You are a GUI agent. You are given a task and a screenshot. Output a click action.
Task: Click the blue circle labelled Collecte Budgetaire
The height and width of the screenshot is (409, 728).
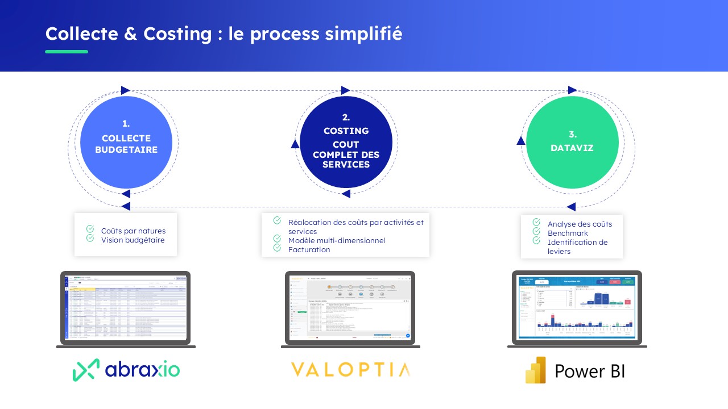(126, 143)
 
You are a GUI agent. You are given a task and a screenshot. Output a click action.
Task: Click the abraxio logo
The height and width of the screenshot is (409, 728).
(126, 370)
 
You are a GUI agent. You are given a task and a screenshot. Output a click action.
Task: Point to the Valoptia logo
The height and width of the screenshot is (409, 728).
(350, 370)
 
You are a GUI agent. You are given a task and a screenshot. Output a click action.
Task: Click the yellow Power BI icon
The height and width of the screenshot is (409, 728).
(536, 370)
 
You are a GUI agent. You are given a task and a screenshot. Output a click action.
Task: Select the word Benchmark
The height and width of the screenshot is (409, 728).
(568, 233)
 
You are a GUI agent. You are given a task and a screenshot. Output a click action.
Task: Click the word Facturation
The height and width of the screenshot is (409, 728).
(309, 250)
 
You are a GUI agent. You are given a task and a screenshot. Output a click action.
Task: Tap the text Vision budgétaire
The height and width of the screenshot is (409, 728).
(133, 240)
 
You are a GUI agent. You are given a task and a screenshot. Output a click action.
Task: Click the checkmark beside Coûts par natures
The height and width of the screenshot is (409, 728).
(90, 229)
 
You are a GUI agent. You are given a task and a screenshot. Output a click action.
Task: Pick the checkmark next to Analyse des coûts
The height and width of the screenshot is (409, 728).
(536, 223)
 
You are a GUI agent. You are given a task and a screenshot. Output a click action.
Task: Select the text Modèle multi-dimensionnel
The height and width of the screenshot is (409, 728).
(336, 241)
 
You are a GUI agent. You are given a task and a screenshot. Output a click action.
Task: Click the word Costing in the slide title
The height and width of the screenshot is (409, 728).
(177, 34)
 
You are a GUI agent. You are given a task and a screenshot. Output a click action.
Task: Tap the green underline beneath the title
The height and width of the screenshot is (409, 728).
(67, 52)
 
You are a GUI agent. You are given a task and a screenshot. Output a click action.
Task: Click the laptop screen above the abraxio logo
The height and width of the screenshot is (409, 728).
(126, 307)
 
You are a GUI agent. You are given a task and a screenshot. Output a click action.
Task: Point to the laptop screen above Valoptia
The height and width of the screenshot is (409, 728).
(350, 307)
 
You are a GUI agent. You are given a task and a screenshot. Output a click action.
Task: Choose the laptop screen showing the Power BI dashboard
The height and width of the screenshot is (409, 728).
(577, 307)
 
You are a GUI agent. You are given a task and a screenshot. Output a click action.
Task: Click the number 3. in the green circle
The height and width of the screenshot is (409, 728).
(573, 135)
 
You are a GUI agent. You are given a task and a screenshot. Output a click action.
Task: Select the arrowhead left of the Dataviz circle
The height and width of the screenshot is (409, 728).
(520, 140)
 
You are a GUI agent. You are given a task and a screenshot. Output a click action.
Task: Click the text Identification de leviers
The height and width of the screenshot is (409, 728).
(577, 247)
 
